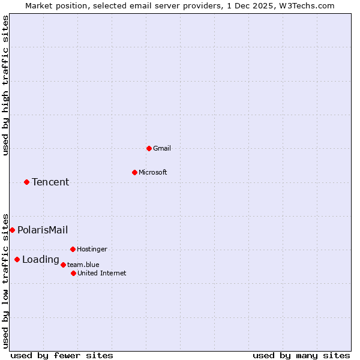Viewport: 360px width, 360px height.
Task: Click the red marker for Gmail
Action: click(x=149, y=148)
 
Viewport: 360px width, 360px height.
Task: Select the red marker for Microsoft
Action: click(x=134, y=172)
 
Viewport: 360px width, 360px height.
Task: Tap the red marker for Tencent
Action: click(x=26, y=182)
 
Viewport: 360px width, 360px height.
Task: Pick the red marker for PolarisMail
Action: click(x=12, y=230)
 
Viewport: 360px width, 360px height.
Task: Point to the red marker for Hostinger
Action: click(x=73, y=249)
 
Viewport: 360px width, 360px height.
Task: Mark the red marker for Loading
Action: click(x=17, y=259)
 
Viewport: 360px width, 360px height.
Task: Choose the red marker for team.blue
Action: click(x=63, y=265)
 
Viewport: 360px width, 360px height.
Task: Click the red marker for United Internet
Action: click(x=73, y=273)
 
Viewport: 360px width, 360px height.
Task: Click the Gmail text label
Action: click(x=162, y=148)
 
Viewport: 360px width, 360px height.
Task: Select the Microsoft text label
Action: click(x=152, y=172)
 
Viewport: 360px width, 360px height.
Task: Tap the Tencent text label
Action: click(x=50, y=182)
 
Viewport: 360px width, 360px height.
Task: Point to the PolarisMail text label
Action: click(x=43, y=230)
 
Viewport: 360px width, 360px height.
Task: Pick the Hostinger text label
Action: click(x=92, y=249)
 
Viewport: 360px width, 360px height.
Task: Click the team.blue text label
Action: click(x=83, y=265)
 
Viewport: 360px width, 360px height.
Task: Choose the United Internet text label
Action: click(x=101, y=273)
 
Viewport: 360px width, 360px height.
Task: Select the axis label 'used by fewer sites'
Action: click(x=62, y=355)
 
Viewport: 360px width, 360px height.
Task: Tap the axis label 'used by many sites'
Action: click(x=301, y=355)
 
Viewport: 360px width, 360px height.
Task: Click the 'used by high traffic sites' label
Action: click(x=5, y=85)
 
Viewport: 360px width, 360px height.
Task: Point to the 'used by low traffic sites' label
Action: click(x=5, y=280)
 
